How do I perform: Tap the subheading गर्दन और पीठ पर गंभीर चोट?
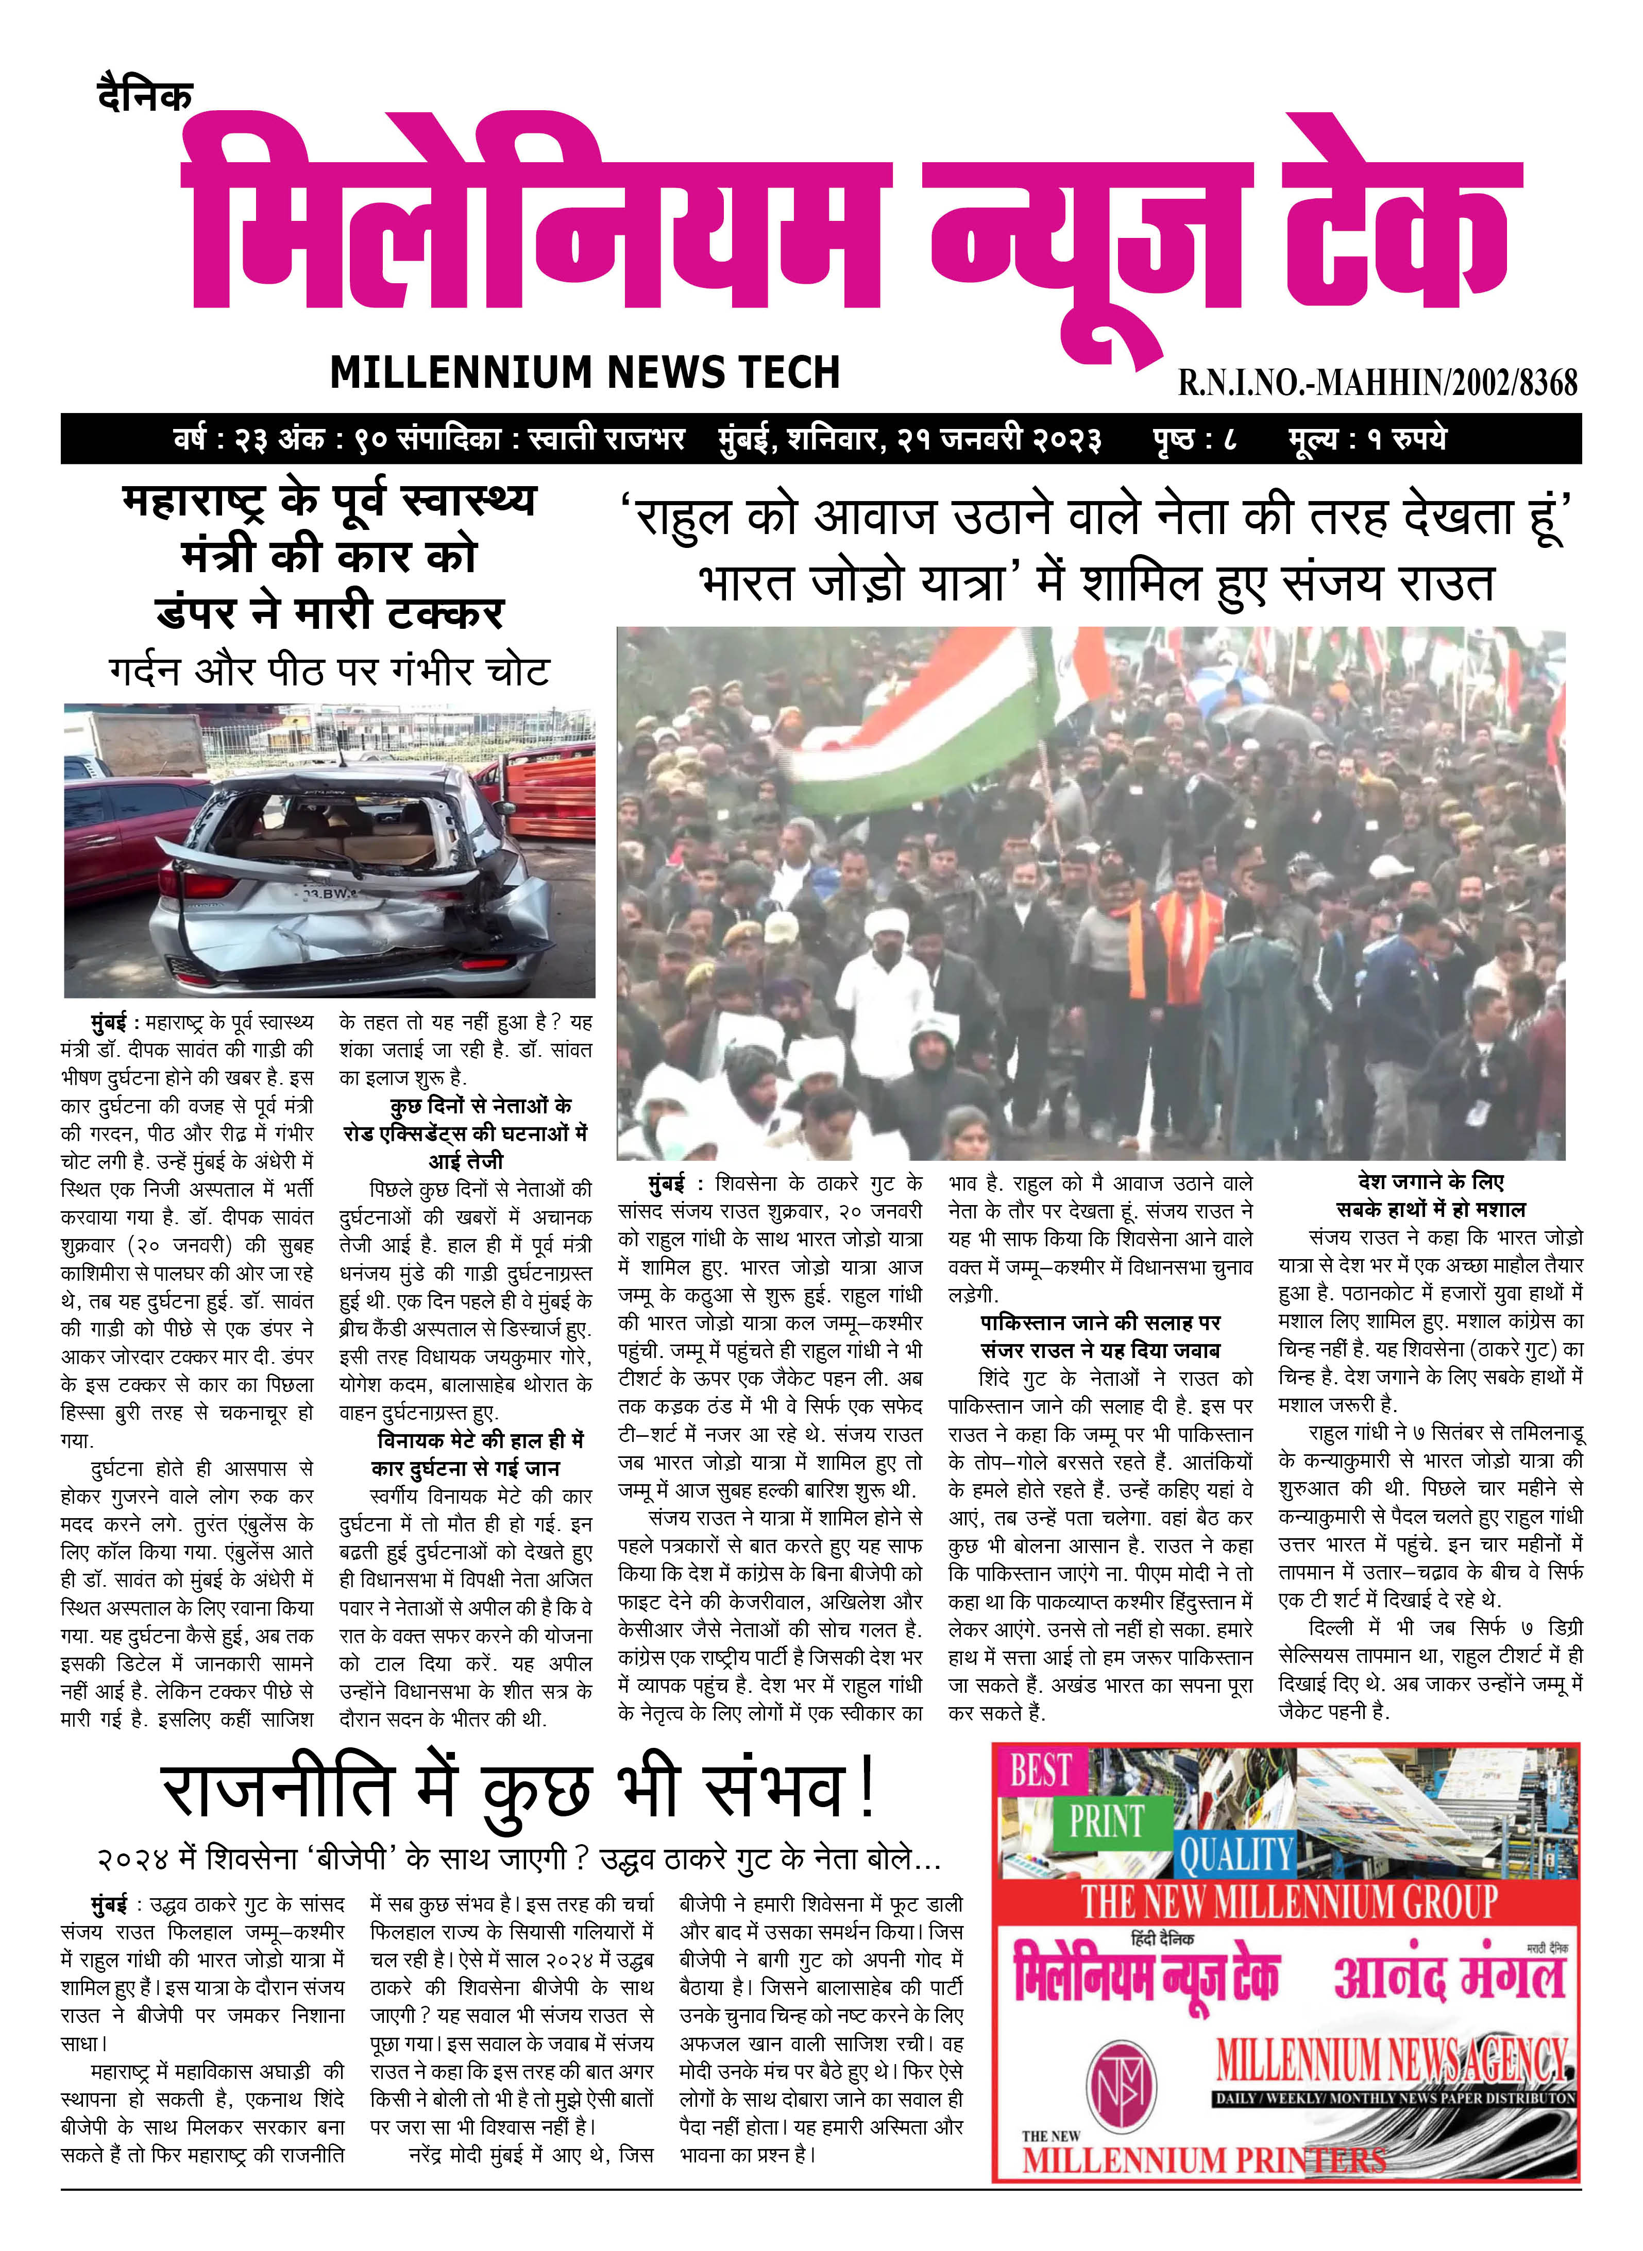click(329, 671)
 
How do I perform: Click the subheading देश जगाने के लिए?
click(1430, 1182)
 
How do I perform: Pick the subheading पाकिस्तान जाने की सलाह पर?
click(1100, 1322)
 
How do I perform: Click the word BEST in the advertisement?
click(1040, 1771)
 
